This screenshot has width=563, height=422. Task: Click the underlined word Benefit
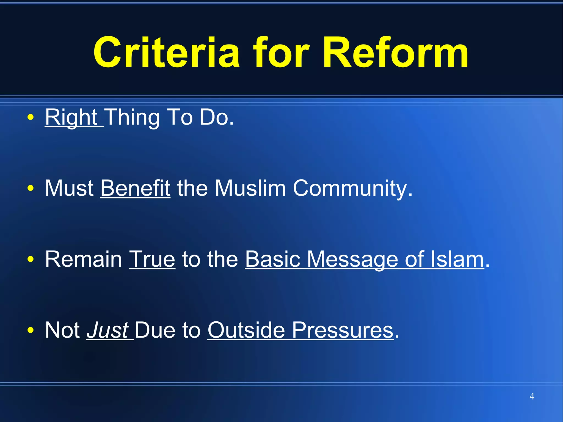[135, 188]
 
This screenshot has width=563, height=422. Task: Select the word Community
[352, 188]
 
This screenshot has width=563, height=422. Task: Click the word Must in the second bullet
[69, 188]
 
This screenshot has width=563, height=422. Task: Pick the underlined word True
[152, 259]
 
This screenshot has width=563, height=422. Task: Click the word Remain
[84, 259]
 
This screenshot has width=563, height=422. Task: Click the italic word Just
[108, 330]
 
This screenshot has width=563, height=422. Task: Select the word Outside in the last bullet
[246, 330]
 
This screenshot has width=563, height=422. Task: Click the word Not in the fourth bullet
[62, 330]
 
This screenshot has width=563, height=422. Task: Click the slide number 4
[532, 396]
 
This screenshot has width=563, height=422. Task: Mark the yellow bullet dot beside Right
[31, 117]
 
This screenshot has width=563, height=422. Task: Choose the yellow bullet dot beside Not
[31, 330]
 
